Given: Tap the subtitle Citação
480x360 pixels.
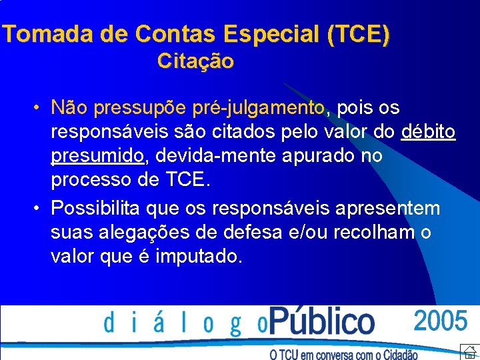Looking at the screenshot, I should [x=195, y=61].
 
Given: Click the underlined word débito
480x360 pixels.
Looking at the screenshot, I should [x=429, y=131].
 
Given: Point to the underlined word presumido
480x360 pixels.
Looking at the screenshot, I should [x=97, y=156].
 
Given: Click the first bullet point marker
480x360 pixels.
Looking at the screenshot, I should [x=41, y=107].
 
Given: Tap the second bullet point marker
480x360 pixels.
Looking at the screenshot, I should [x=41, y=209].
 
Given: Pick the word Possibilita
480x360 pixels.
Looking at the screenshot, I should [x=96, y=209].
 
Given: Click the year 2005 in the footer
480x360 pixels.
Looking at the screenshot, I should [x=441, y=321].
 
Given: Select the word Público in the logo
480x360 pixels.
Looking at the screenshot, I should [x=322, y=322].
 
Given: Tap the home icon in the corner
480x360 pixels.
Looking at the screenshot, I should [x=469, y=351].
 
